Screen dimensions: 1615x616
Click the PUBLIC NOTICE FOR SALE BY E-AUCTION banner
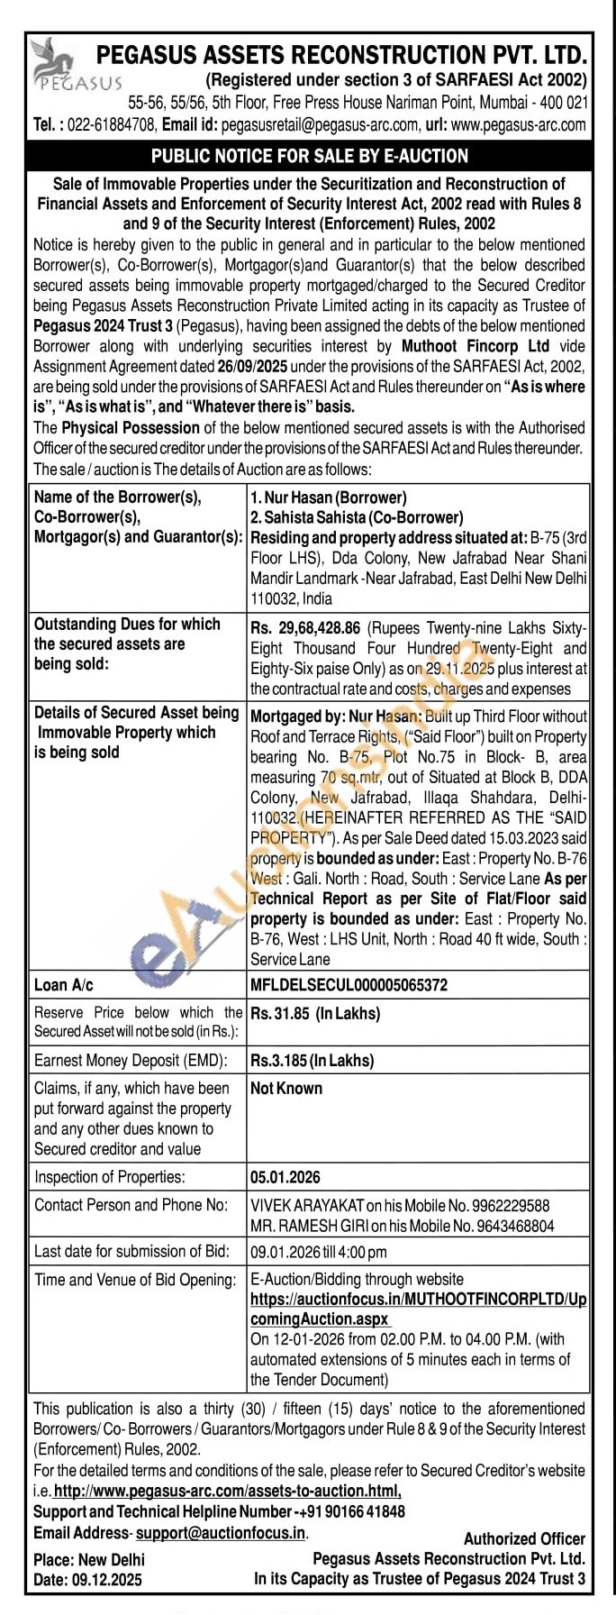[309, 156]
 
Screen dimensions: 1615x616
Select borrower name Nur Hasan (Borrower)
[329, 497]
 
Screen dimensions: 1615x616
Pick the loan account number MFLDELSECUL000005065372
[349, 985]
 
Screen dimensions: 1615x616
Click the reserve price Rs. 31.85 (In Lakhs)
[315, 1013]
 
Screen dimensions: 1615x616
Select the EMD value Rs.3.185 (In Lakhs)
[312, 1061]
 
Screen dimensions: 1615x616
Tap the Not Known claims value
[285, 1089]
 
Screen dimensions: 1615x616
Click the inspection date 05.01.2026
[285, 1177]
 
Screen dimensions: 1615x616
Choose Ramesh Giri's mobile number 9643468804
[512, 1226]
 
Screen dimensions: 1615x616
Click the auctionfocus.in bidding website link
[418, 1309]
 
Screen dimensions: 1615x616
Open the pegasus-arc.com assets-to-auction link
[228, 1492]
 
